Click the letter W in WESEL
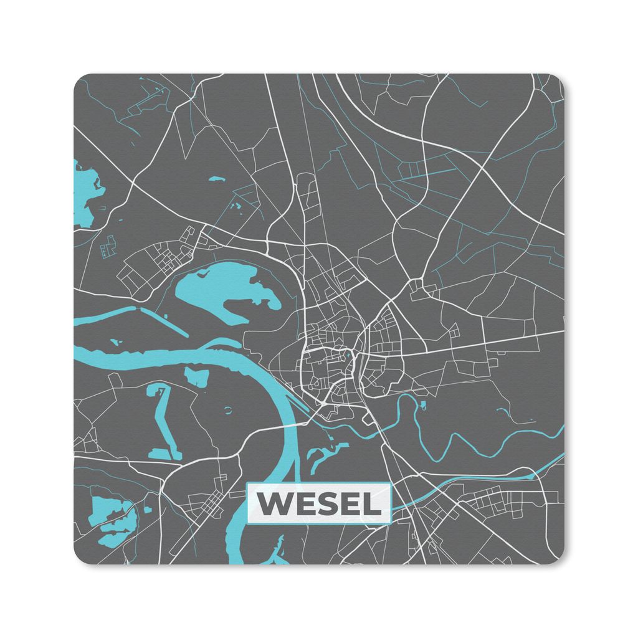click(x=275, y=503)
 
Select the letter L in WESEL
click(x=373, y=503)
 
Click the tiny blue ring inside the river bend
click(x=227, y=410)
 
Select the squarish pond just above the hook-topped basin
click(x=198, y=376)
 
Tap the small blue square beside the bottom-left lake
click(x=148, y=510)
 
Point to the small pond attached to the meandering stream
click(x=423, y=406)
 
